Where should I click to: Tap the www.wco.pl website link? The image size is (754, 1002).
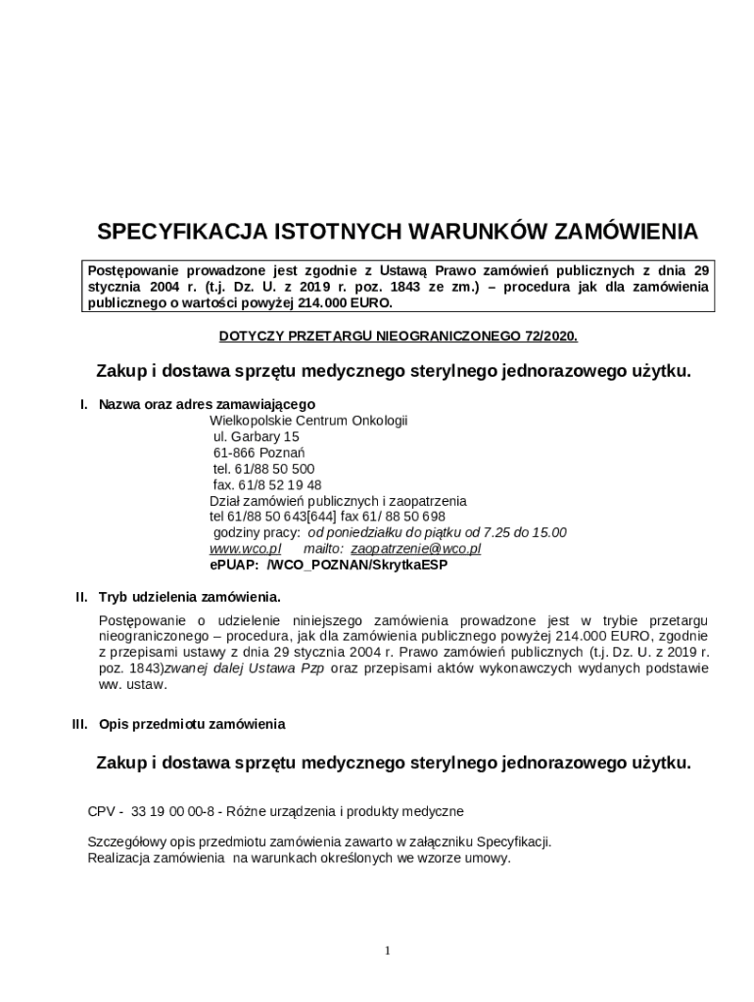pos(245,548)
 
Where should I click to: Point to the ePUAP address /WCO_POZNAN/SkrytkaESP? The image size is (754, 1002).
pos(357,565)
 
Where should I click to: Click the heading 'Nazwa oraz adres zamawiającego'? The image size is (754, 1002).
pos(207,403)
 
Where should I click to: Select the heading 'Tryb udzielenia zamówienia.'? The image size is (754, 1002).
pos(190,596)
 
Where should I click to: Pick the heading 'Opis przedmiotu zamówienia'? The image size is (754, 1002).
pos(192,724)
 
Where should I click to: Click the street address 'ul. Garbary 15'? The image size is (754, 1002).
pos(257,436)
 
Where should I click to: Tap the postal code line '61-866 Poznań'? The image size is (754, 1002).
pos(259,453)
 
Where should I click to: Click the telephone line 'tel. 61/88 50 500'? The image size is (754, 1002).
pos(263,469)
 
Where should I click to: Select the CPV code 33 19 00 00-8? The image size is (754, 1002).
pos(172,811)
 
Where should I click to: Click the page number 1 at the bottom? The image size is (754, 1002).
pos(388,950)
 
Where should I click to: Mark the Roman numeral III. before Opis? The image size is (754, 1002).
pos(80,724)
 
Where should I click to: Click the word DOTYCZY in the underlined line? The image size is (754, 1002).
pos(250,336)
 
